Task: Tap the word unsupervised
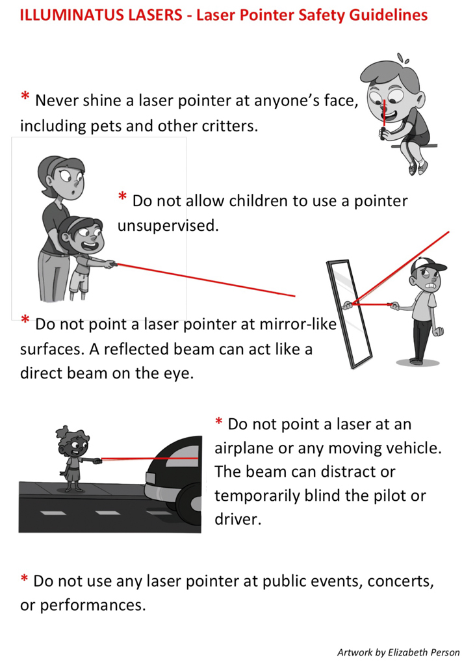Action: pos(168,226)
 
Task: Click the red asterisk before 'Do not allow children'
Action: pos(122,196)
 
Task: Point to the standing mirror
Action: pos(349,313)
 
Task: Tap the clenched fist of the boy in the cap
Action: pos(438,330)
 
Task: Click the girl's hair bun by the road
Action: pos(63,432)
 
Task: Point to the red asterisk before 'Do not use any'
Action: pos(25,578)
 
